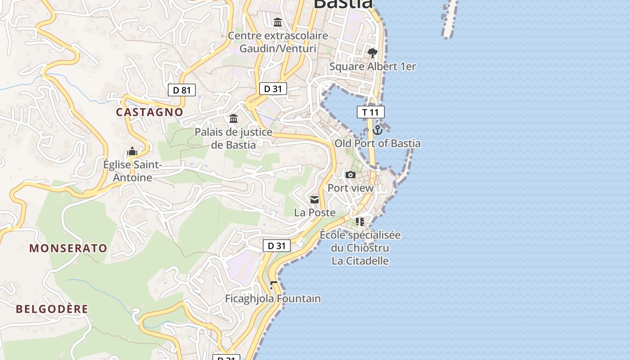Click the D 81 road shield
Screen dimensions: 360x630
pyautogui.click(x=182, y=90)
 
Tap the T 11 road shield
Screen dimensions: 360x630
pyautogui.click(x=370, y=112)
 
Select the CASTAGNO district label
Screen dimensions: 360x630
pyautogui.click(x=150, y=112)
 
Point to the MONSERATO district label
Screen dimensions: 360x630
pyautogui.click(x=68, y=248)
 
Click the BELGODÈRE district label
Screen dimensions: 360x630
pyautogui.click(x=52, y=309)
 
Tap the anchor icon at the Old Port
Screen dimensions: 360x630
pyautogui.click(x=378, y=130)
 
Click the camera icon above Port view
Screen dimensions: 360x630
pyautogui.click(x=351, y=175)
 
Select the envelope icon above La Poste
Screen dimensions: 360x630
pyautogui.click(x=315, y=199)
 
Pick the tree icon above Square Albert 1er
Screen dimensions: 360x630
pyautogui.click(x=372, y=54)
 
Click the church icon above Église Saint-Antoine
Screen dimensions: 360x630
pyautogui.click(x=132, y=152)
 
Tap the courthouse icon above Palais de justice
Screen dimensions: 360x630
pyautogui.click(x=234, y=119)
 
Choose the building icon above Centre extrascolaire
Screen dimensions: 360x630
pyautogui.click(x=278, y=22)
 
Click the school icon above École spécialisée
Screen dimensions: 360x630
pyautogui.click(x=360, y=221)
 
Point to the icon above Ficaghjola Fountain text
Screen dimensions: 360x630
pyautogui.click(x=273, y=285)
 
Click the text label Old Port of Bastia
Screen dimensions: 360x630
pyautogui.click(x=378, y=144)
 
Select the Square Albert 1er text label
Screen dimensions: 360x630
pyautogui.click(x=373, y=67)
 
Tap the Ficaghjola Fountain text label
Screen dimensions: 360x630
pyautogui.click(x=273, y=298)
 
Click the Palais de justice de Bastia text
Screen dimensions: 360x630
pyautogui.click(x=233, y=138)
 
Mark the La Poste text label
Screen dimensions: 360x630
pyautogui.click(x=315, y=212)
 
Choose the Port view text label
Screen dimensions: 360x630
pyautogui.click(x=351, y=188)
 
